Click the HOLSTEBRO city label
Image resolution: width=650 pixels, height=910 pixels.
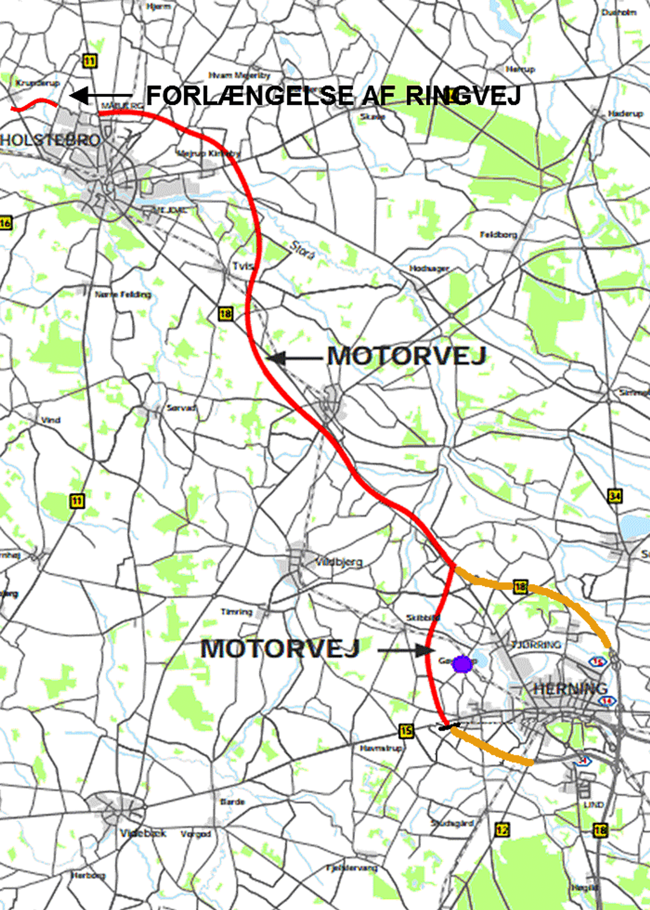[50, 140]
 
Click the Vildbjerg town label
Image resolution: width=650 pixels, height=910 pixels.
[339, 562]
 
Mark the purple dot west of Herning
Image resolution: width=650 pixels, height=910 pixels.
[462, 664]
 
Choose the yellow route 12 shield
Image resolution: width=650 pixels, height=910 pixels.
[502, 830]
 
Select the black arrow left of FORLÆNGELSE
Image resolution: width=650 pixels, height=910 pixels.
[100, 96]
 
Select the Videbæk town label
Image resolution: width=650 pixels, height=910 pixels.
[143, 833]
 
